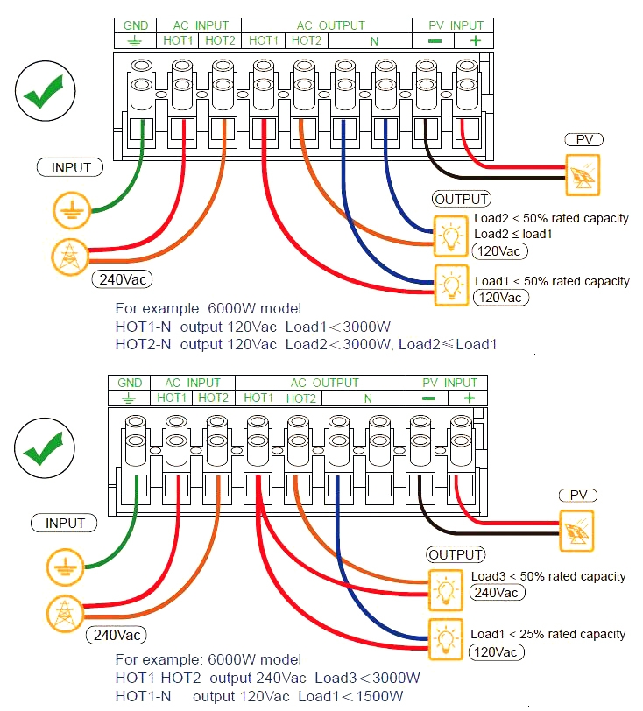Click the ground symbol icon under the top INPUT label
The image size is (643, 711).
(x=68, y=210)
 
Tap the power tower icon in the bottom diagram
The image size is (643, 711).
(x=63, y=611)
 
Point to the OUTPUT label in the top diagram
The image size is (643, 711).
(x=462, y=199)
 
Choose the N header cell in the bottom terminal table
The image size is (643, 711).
(x=368, y=398)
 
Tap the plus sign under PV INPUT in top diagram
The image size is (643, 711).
(x=476, y=40)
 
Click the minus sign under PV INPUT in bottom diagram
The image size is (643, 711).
(x=427, y=398)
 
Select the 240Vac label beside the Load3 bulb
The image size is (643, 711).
(x=497, y=593)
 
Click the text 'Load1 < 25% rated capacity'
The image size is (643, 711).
(x=548, y=634)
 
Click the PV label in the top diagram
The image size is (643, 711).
(x=583, y=139)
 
